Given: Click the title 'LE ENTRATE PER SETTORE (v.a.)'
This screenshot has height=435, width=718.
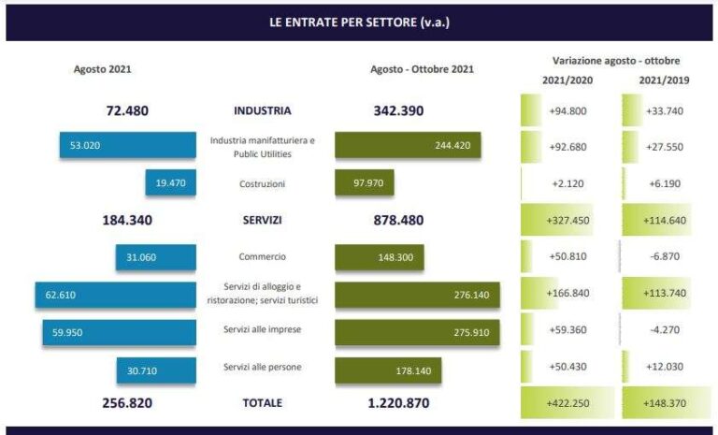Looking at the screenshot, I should point(359,22).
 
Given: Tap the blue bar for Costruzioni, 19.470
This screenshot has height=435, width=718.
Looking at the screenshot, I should point(170,182).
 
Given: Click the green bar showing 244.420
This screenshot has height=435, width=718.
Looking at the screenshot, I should point(408,146).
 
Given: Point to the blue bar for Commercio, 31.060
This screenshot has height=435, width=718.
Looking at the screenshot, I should point(155,257).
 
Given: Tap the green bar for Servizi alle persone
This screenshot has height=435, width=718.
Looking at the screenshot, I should point(387,370).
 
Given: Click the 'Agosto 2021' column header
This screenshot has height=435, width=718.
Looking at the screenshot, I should point(102,69).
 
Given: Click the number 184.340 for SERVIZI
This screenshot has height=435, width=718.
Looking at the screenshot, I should point(127,221).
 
